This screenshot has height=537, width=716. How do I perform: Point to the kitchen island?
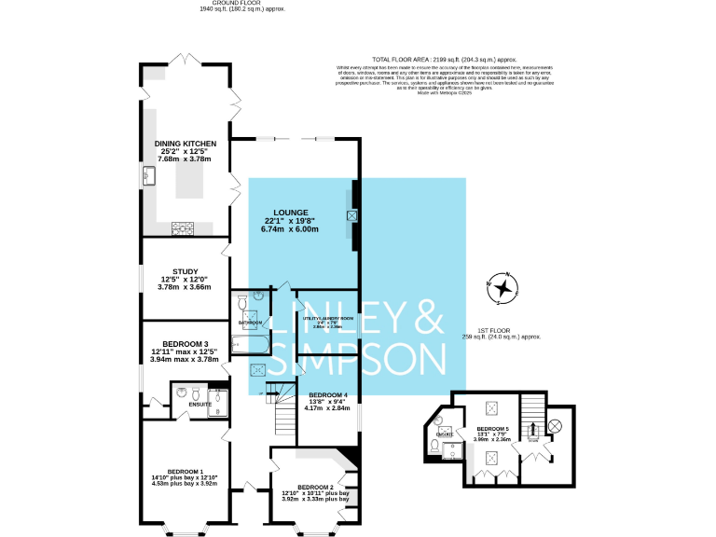pos(190,177)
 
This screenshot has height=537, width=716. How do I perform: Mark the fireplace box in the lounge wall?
pos(351,215)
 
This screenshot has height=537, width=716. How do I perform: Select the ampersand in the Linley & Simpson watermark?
pos(422,318)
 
